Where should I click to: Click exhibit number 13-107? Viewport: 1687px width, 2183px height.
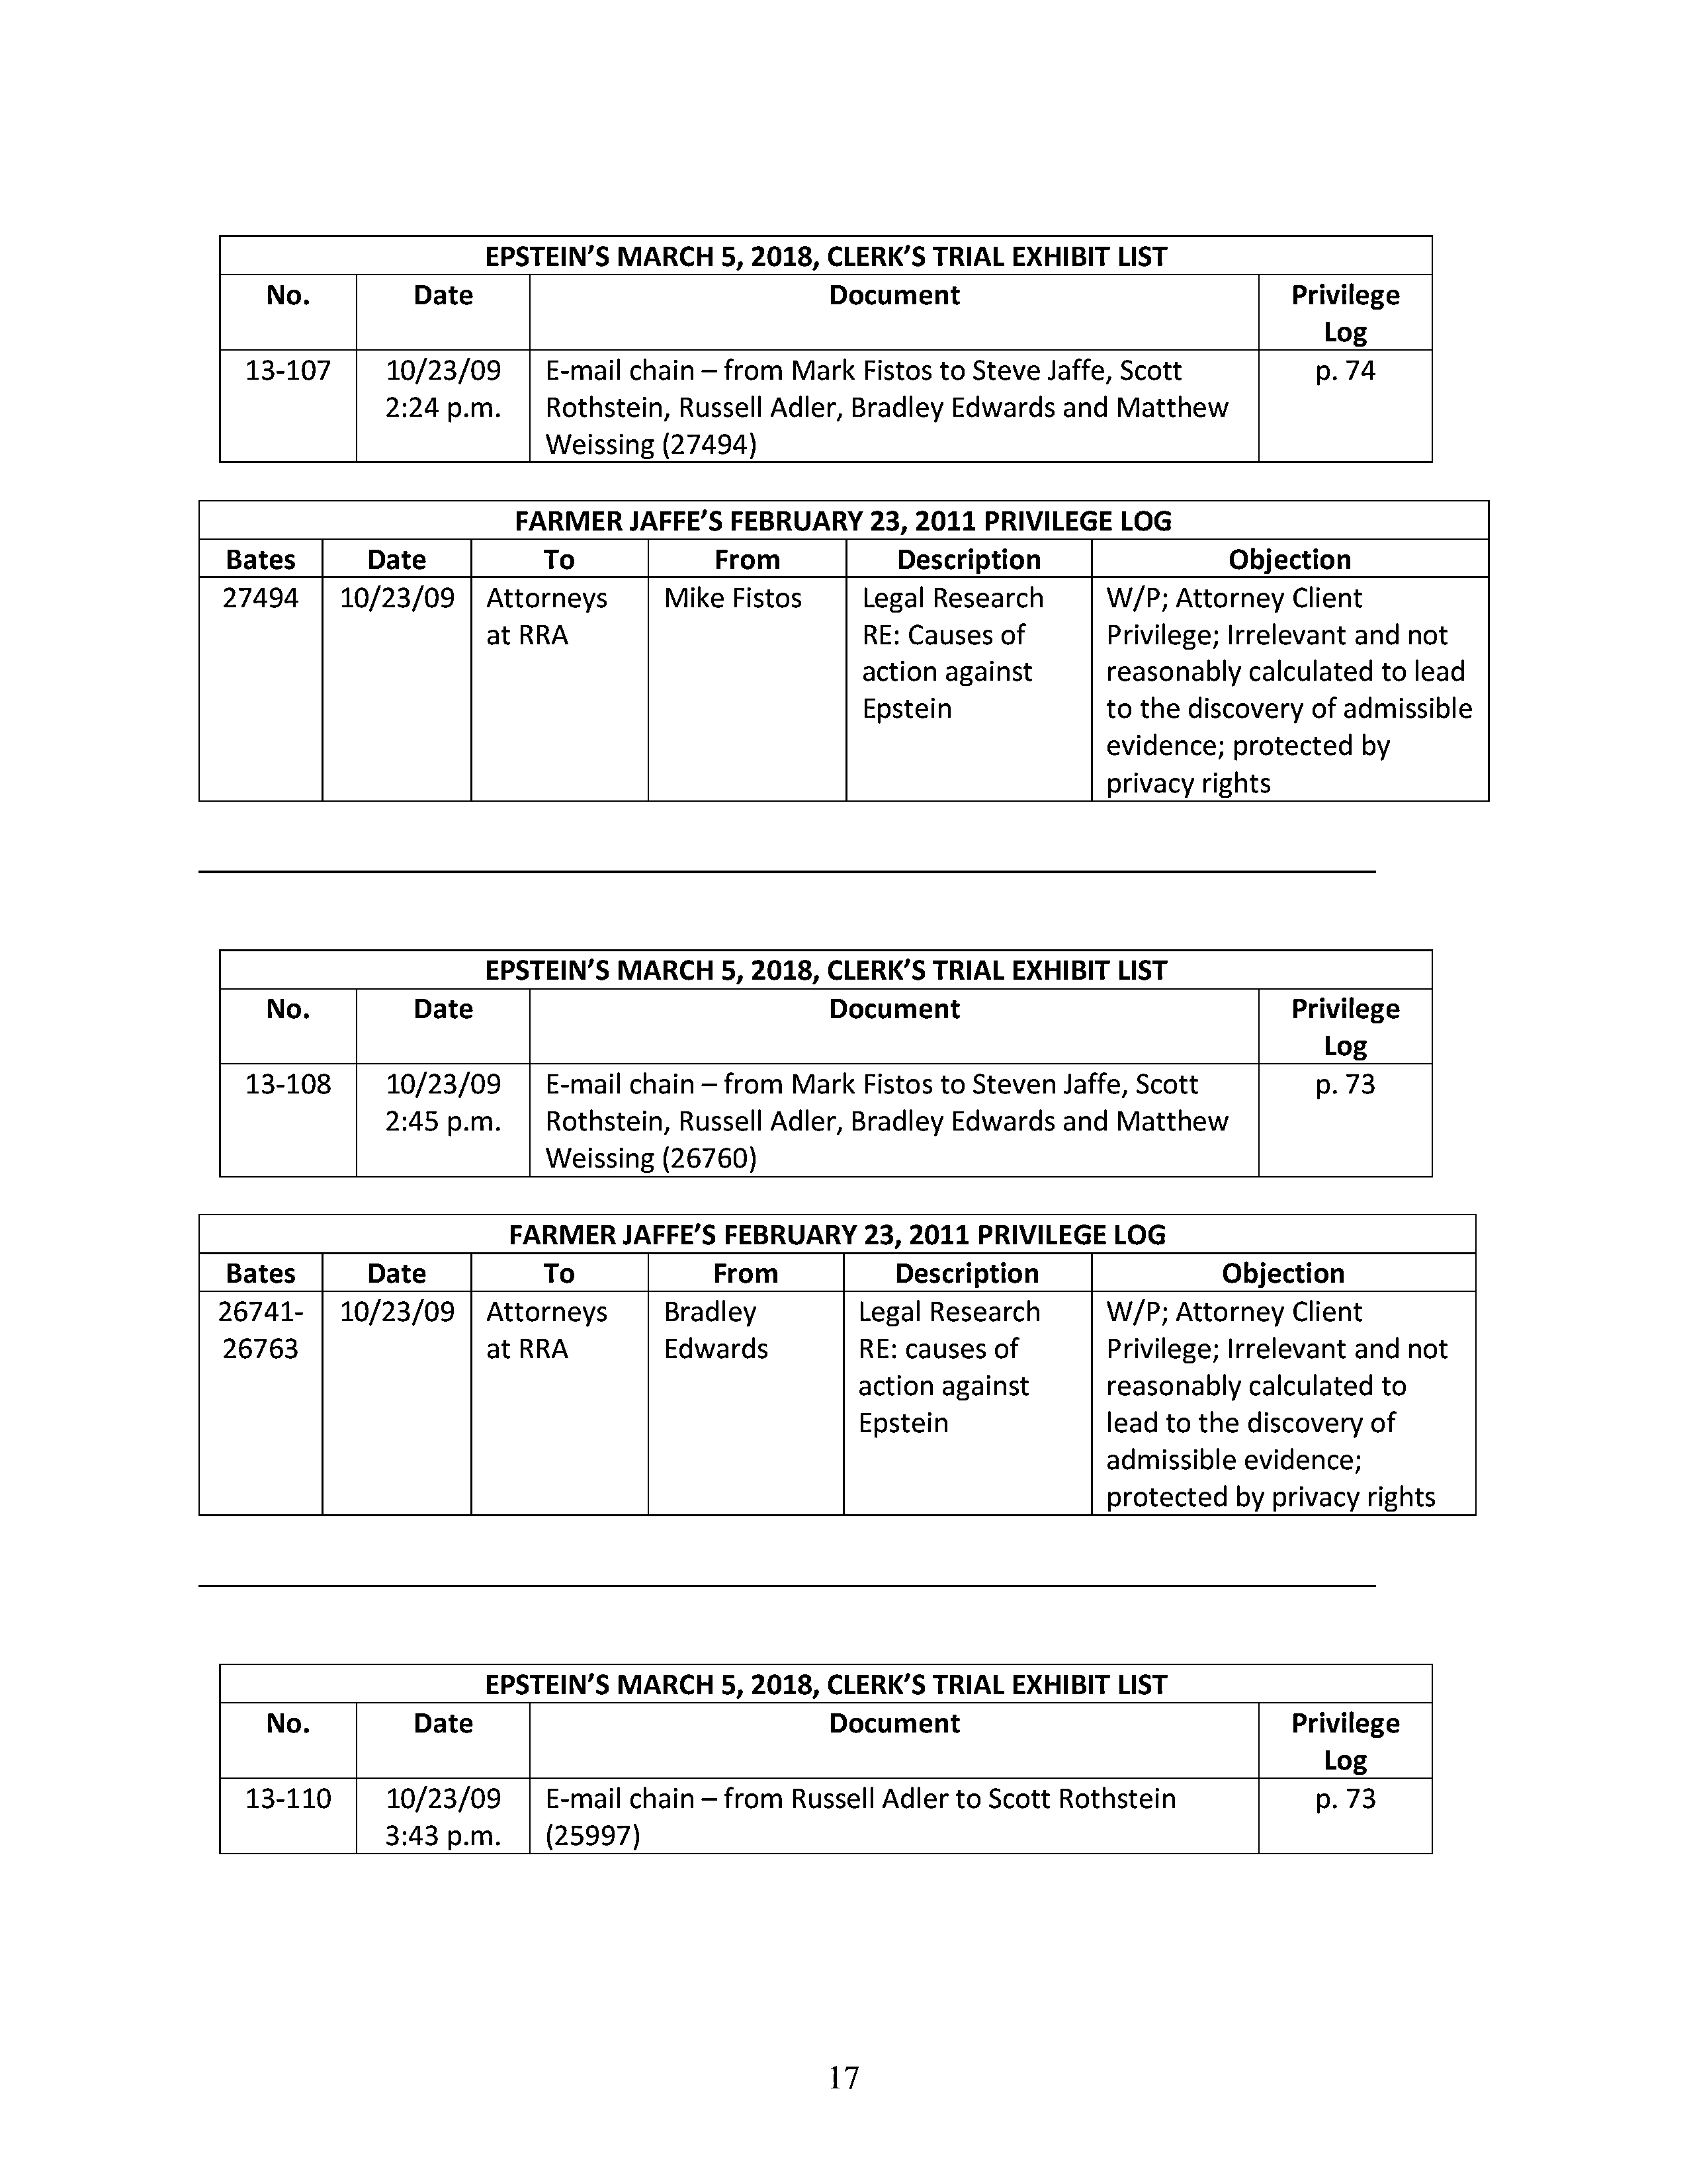tap(288, 371)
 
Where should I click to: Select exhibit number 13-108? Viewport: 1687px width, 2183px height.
tap(288, 1084)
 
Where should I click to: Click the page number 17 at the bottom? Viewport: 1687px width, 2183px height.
tap(844, 2078)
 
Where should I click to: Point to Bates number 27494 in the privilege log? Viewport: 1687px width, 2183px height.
tap(260, 599)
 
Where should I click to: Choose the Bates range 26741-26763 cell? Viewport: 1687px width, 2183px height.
tap(260, 1330)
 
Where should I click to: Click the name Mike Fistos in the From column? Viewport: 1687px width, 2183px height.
tap(732, 599)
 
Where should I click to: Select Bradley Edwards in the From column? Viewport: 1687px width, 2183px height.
tap(716, 1330)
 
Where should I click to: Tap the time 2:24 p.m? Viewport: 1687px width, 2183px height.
tap(443, 407)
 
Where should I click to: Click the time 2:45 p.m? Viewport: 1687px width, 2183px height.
tap(443, 1121)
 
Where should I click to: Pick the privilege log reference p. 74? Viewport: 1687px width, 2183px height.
tap(1345, 371)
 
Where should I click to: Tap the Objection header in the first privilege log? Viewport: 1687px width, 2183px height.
tap(1289, 560)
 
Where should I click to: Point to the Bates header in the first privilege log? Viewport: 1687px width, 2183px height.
tap(260, 560)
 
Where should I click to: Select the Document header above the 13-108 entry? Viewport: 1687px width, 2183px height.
tap(894, 1009)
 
